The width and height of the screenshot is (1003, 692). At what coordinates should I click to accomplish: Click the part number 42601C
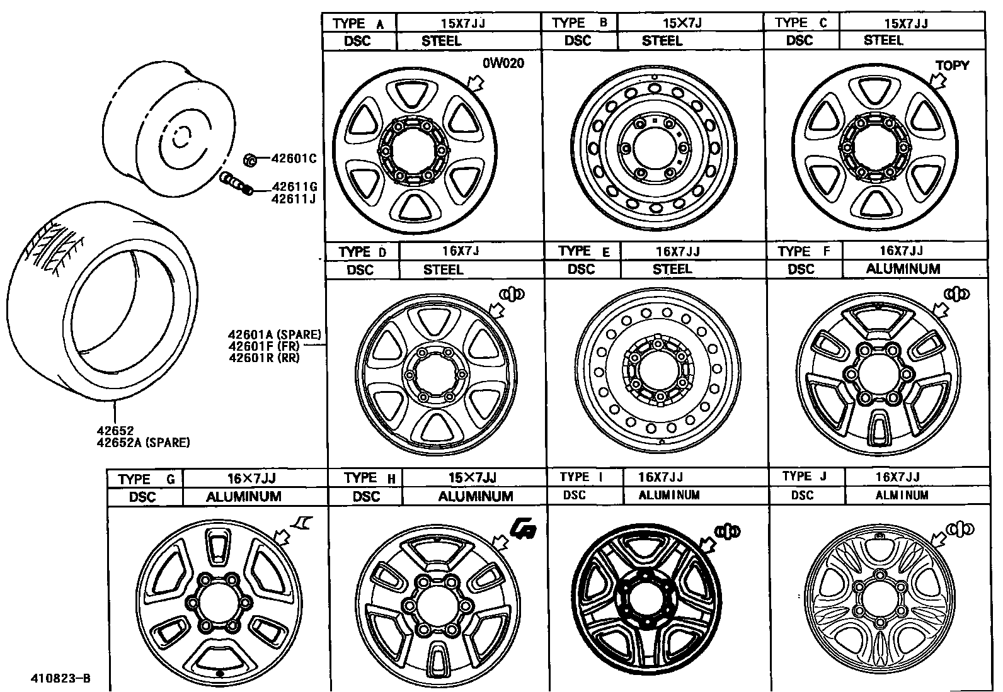point(294,159)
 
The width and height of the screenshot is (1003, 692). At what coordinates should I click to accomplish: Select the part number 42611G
point(294,186)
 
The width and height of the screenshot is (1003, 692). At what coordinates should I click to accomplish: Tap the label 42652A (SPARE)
point(143,443)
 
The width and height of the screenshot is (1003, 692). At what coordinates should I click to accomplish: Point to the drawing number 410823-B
point(60,678)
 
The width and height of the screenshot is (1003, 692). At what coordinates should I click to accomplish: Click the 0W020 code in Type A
point(503,63)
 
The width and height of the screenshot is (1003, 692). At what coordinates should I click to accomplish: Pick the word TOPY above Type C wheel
point(952,65)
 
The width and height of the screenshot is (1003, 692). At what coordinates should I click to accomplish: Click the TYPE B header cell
point(580,23)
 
